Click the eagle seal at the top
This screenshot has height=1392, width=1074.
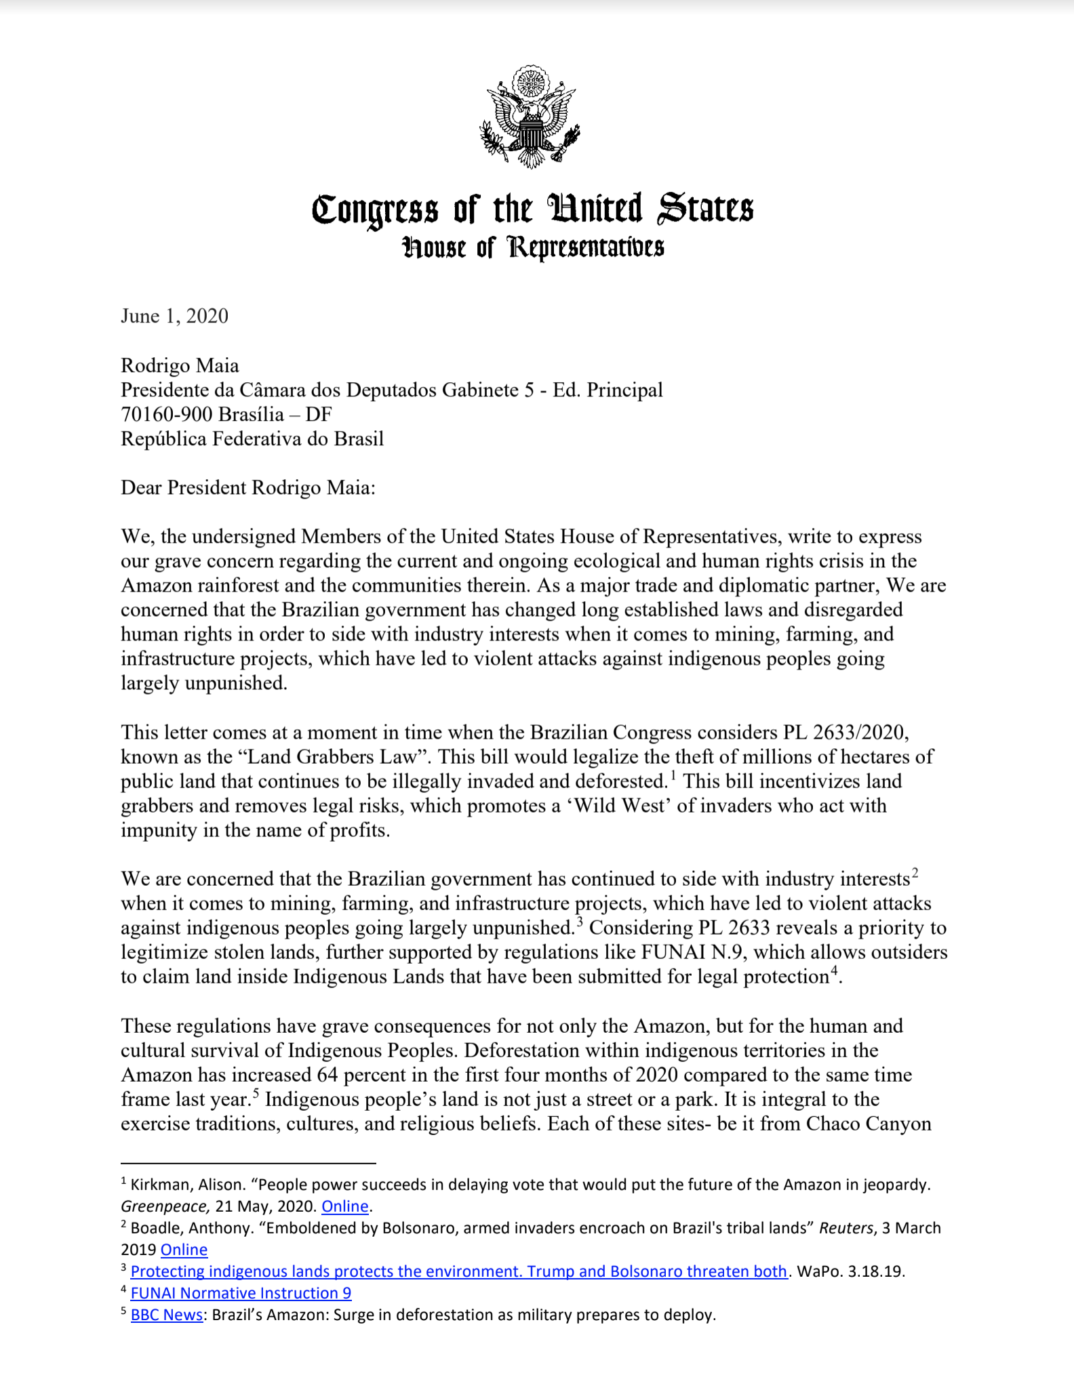click(x=530, y=117)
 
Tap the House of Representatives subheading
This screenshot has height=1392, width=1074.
click(x=533, y=248)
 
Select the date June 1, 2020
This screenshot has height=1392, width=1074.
click(x=174, y=316)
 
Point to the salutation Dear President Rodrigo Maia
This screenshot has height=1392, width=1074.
click(x=247, y=488)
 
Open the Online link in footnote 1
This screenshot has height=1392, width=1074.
click(x=345, y=1206)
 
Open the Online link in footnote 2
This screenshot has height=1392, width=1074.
click(x=184, y=1250)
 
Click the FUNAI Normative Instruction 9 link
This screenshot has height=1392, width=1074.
click(x=241, y=1293)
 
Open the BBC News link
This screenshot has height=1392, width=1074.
click(x=166, y=1315)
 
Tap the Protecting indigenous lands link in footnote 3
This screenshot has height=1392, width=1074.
click(x=458, y=1271)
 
